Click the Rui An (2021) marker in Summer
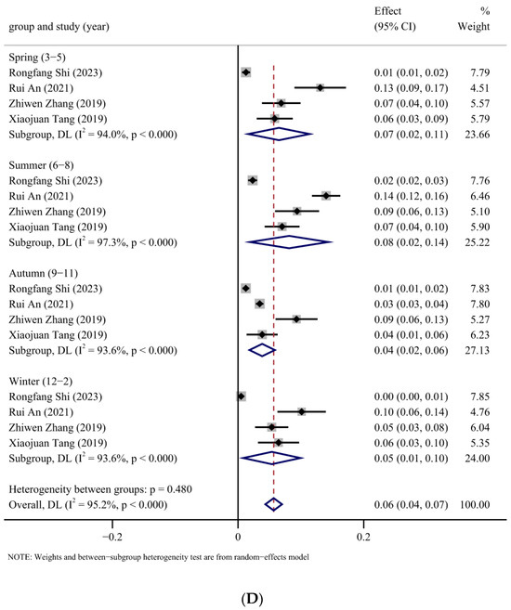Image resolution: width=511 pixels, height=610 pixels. coord(325,195)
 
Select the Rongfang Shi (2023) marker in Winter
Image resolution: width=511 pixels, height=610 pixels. coord(242,396)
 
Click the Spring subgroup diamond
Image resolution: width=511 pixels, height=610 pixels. coord(276,135)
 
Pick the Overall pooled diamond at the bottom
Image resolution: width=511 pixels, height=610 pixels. coord(273,504)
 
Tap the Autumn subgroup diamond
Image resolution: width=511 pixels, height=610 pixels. coord(262,350)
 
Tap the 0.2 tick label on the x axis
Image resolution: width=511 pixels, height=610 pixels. coord(363,536)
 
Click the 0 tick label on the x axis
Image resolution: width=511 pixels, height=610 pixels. coord(239,536)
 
